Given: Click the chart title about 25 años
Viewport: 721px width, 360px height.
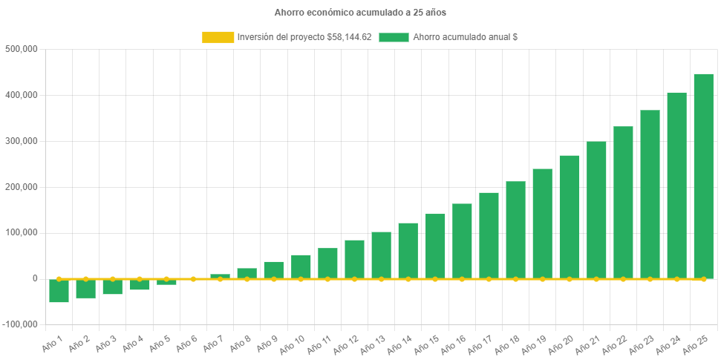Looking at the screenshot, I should point(360,13).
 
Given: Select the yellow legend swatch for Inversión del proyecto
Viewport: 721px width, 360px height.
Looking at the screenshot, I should point(218,37).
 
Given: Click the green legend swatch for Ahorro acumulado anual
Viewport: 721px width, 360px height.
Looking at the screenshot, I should point(394,37).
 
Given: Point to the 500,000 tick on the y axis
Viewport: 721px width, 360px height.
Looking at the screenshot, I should point(22,49).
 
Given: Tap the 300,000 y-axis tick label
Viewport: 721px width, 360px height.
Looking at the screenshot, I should point(22,141).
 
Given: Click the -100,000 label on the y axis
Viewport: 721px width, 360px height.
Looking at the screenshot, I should point(20,324).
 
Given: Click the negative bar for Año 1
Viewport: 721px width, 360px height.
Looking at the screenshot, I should point(59,291).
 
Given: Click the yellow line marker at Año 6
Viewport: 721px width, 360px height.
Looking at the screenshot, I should point(193,279).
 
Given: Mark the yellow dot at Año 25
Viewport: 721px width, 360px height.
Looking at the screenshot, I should point(703,279).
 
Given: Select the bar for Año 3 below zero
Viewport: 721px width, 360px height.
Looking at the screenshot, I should point(112,287).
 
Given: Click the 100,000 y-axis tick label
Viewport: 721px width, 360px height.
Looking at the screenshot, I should point(22,232).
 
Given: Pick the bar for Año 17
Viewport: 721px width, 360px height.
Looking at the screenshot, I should point(489,235).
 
